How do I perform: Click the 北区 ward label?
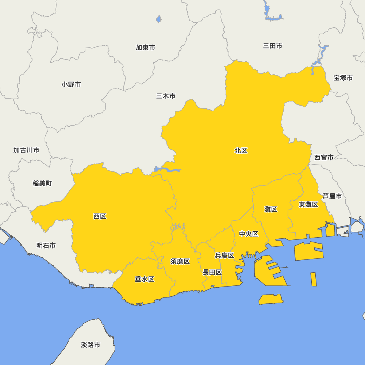241,150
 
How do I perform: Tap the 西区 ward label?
100,216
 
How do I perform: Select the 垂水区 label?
145,279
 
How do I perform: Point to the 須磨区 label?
180,261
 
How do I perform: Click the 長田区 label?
212,272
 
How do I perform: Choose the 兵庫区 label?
224,255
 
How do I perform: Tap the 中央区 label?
249,234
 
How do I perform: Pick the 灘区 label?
271,209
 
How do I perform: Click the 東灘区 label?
308,204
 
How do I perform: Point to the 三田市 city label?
273,46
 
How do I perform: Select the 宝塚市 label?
343,78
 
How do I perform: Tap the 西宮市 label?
324,157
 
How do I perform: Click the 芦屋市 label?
332,196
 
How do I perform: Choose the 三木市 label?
166,96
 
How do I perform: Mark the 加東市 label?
145,47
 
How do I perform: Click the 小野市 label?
71,85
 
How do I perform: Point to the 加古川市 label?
26,150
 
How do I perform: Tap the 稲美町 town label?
42,183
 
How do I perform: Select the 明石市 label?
46,246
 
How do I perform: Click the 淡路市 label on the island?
91,345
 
